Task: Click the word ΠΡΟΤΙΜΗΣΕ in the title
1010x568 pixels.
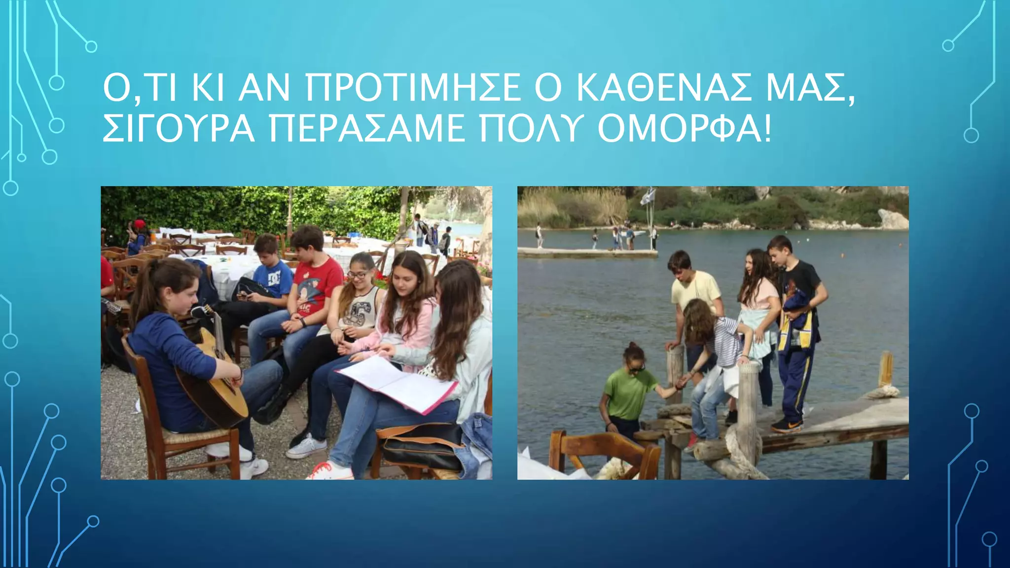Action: point(412,88)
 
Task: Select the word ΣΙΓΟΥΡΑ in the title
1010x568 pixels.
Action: point(179,128)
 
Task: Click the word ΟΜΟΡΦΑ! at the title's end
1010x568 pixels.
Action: point(685,128)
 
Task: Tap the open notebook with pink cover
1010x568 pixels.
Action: point(397,385)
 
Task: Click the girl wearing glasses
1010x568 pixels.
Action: point(360,296)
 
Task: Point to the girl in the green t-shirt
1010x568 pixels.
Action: point(626,390)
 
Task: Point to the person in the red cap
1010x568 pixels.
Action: point(140,232)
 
